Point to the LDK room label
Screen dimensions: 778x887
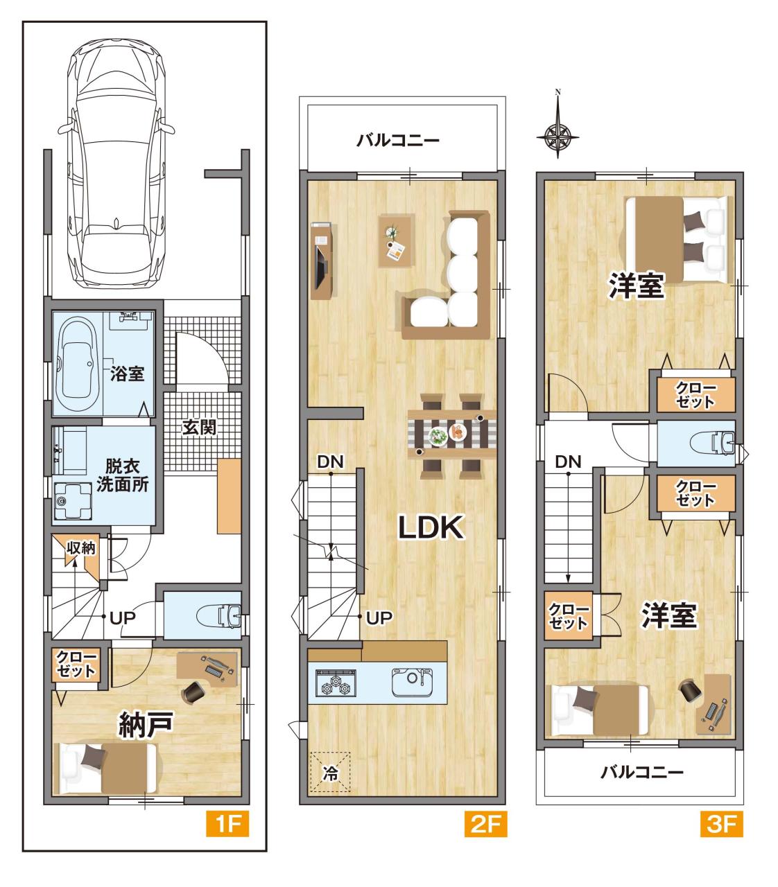click(431, 527)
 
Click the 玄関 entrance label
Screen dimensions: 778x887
click(199, 428)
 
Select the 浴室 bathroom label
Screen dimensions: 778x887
click(127, 374)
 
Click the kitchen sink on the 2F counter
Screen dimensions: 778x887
click(412, 682)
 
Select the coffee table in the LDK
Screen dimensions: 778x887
click(397, 240)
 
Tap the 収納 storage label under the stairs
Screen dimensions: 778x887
click(81, 547)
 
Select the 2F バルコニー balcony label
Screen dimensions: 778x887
click(397, 140)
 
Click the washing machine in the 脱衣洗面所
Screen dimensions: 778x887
click(73, 501)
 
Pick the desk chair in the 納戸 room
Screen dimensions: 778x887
click(193, 691)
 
